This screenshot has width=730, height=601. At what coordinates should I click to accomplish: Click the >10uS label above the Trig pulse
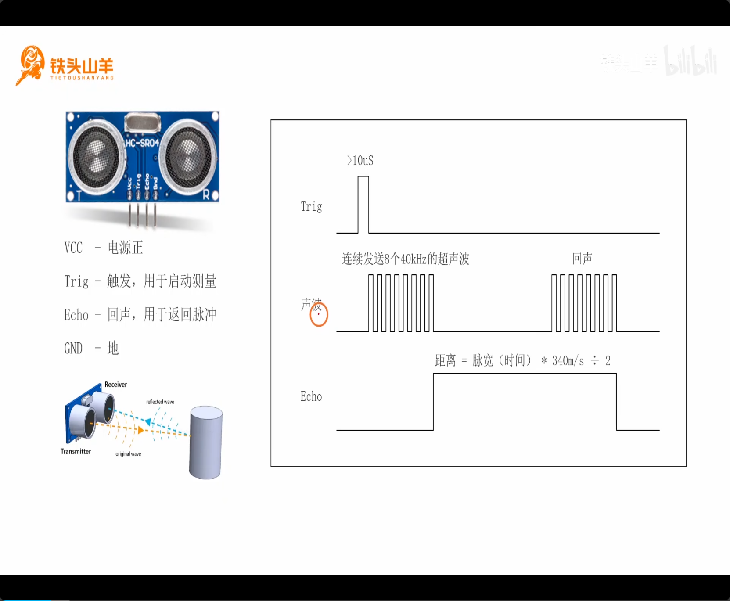(360, 161)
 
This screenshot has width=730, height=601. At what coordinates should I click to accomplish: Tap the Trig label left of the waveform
(311, 206)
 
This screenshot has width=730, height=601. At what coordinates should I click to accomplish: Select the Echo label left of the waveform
(311, 396)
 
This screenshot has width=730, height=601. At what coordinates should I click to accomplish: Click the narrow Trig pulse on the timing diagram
(363, 204)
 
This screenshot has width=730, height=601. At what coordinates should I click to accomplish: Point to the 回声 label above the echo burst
(582, 259)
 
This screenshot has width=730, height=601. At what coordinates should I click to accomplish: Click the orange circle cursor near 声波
(319, 314)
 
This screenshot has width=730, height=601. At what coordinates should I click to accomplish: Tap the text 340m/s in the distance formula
(568, 361)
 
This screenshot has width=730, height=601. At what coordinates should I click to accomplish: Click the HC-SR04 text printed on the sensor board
(142, 143)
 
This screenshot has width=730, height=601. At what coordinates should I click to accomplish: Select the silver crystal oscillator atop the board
(142, 122)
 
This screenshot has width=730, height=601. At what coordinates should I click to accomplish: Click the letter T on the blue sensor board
(79, 195)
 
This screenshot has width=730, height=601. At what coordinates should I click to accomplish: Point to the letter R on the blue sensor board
(206, 195)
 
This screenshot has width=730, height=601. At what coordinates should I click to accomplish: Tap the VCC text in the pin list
(73, 248)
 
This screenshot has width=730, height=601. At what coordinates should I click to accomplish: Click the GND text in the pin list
(73, 349)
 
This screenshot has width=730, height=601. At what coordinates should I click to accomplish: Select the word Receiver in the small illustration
(115, 385)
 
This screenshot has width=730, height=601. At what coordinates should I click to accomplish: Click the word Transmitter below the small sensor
(76, 451)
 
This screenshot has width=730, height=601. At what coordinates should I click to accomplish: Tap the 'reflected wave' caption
(160, 402)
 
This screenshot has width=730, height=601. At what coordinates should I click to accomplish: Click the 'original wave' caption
(128, 454)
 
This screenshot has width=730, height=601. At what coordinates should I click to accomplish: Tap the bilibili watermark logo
(690, 61)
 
